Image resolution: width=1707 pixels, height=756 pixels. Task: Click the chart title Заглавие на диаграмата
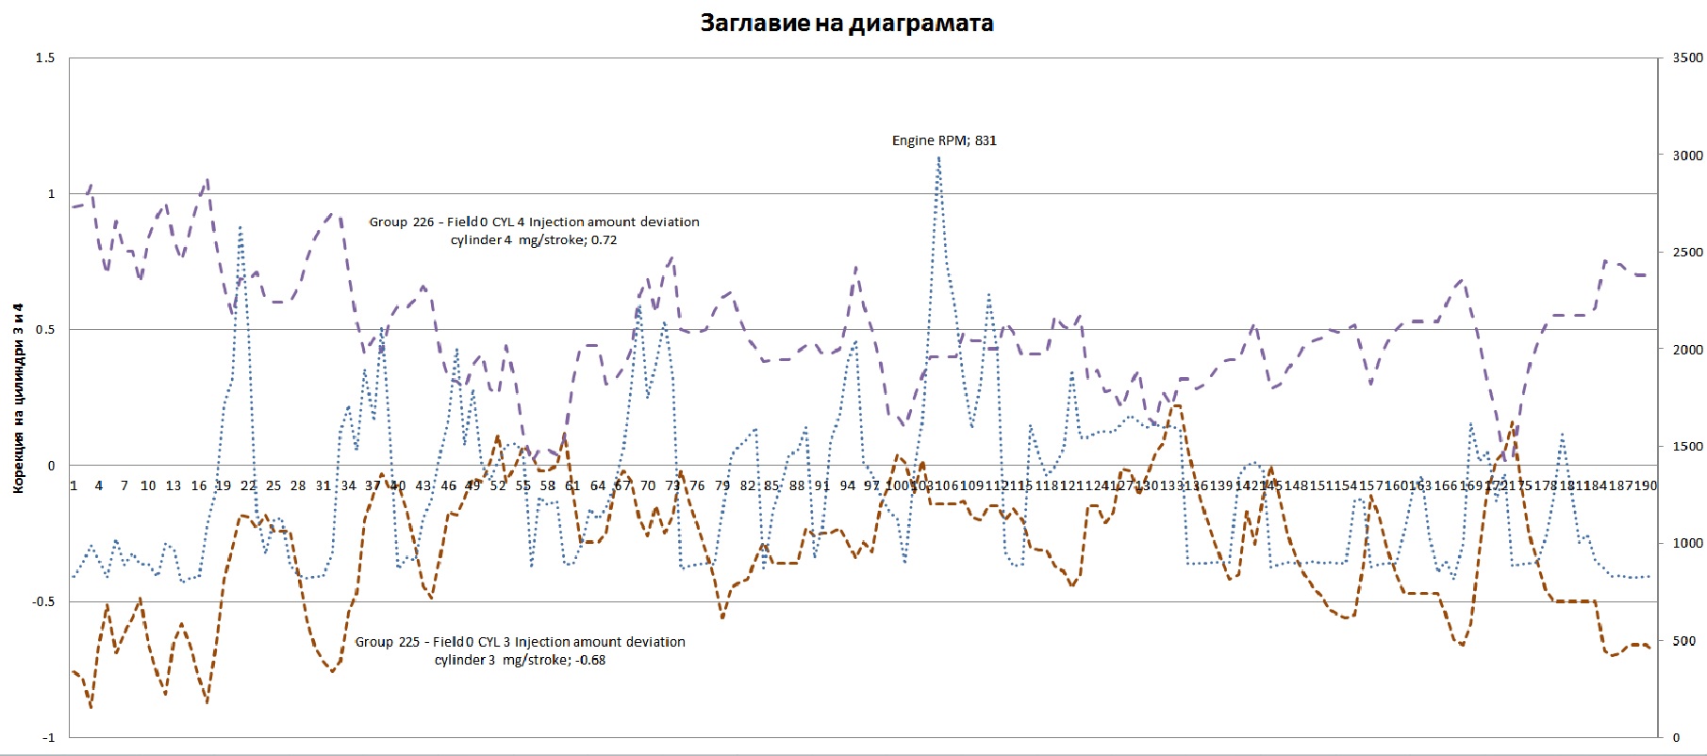(846, 24)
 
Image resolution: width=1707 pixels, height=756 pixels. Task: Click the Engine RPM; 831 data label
(944, 140)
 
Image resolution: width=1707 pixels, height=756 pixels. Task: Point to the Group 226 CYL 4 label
(534, 231)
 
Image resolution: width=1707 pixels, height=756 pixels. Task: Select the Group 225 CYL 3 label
(520, 650)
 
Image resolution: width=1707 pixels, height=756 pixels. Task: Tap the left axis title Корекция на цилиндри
(18, 398)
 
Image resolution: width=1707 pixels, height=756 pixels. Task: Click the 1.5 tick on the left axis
(45, 58)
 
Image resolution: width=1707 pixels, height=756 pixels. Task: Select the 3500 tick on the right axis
(1687, 58)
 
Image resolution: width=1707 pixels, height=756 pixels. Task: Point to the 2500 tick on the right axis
(1687, 253)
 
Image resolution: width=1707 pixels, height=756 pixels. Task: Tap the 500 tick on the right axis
(1683, 641)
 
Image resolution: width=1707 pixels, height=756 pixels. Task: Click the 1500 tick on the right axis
(1687, 447)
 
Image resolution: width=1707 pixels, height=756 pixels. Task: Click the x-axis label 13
(174, 485)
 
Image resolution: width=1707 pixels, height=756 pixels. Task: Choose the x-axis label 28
(298, 485)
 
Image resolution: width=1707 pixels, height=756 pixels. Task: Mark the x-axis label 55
(522, 485)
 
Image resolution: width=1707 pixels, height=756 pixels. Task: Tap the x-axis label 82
(748, 485)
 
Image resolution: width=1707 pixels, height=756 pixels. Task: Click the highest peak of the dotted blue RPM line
(938, 158)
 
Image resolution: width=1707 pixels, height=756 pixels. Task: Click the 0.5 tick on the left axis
(45, 330)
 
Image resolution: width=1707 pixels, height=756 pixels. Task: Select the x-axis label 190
(1645, 485)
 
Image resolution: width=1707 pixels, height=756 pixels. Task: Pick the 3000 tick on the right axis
(1687, 156)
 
